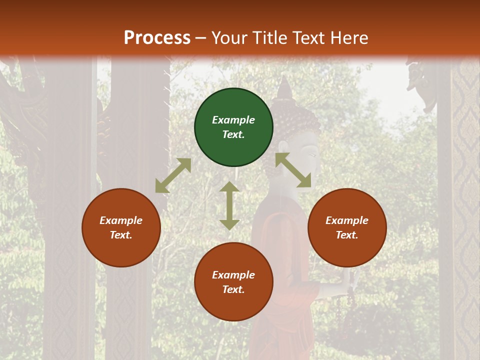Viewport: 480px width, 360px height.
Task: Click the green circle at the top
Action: click(x=233, y=127)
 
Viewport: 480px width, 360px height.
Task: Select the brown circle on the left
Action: click(x=121, y=227)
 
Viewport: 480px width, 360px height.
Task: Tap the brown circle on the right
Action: click(x=347, y=227)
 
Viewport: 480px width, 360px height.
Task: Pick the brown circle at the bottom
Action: click(x=233, y=282)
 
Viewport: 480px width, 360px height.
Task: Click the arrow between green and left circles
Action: click(x=173, y=175)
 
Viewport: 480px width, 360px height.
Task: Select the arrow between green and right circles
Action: click(x=293, y=170)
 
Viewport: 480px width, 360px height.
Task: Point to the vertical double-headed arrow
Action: click(x=229, y=205)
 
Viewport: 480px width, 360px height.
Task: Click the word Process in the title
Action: click(x=157, y=37)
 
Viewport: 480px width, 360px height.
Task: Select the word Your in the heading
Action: click(x=230, y=37)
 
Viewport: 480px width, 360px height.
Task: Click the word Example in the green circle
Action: click(x=233, y=120)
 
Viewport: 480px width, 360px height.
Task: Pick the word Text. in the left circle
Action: click(x=121, y=235)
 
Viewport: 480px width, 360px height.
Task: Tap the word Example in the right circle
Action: click(x=347, y=220)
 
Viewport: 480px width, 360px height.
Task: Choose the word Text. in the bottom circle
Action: click(x=233, y=289)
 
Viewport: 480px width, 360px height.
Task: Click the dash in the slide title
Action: click(x=200, y=38)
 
